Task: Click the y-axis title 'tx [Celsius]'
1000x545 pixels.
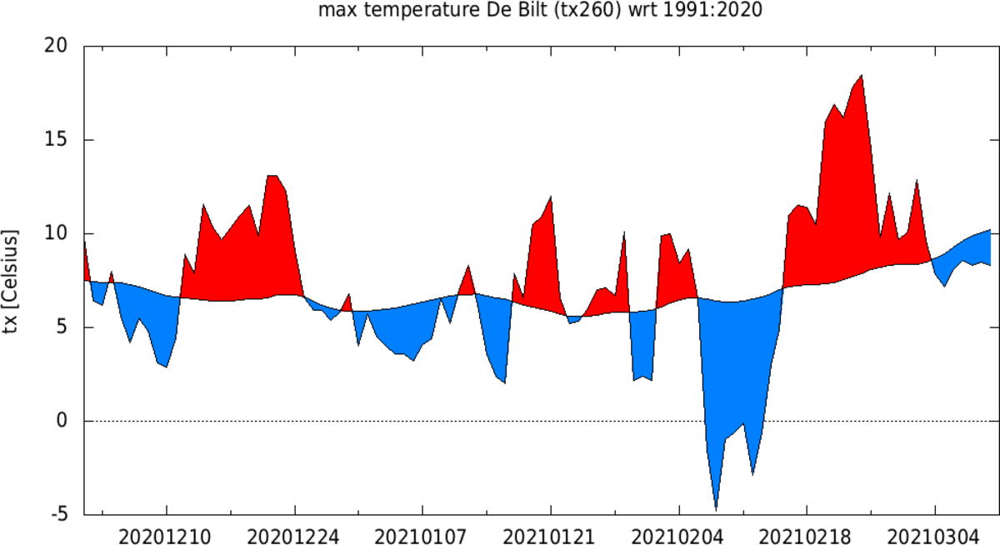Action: pos(12,281)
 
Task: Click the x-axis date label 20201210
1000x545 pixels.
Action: pos(167,533)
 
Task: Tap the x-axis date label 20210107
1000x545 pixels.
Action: pos(422,533)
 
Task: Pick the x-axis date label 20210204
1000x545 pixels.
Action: pos(678,533)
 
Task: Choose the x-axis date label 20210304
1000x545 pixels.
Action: pos(934,533)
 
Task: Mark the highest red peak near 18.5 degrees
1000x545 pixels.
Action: pos(861,76)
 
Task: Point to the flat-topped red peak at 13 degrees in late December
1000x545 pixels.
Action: pos(272,177)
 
